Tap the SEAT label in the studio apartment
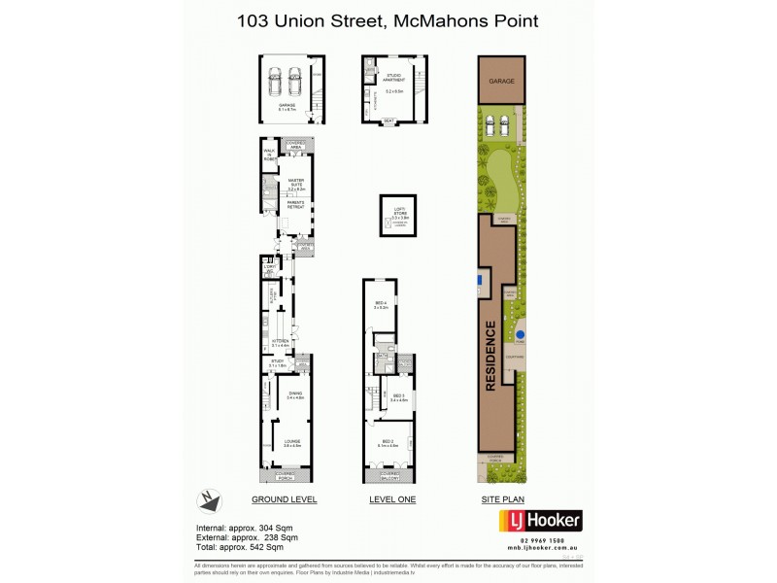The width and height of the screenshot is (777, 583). coord(388,121)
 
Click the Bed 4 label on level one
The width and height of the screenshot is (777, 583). coord(381,304)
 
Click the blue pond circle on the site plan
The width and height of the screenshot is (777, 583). coord(520,336)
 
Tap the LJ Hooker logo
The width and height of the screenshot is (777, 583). coord(540,521)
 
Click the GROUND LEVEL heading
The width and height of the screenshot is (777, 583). coord(285,499)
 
